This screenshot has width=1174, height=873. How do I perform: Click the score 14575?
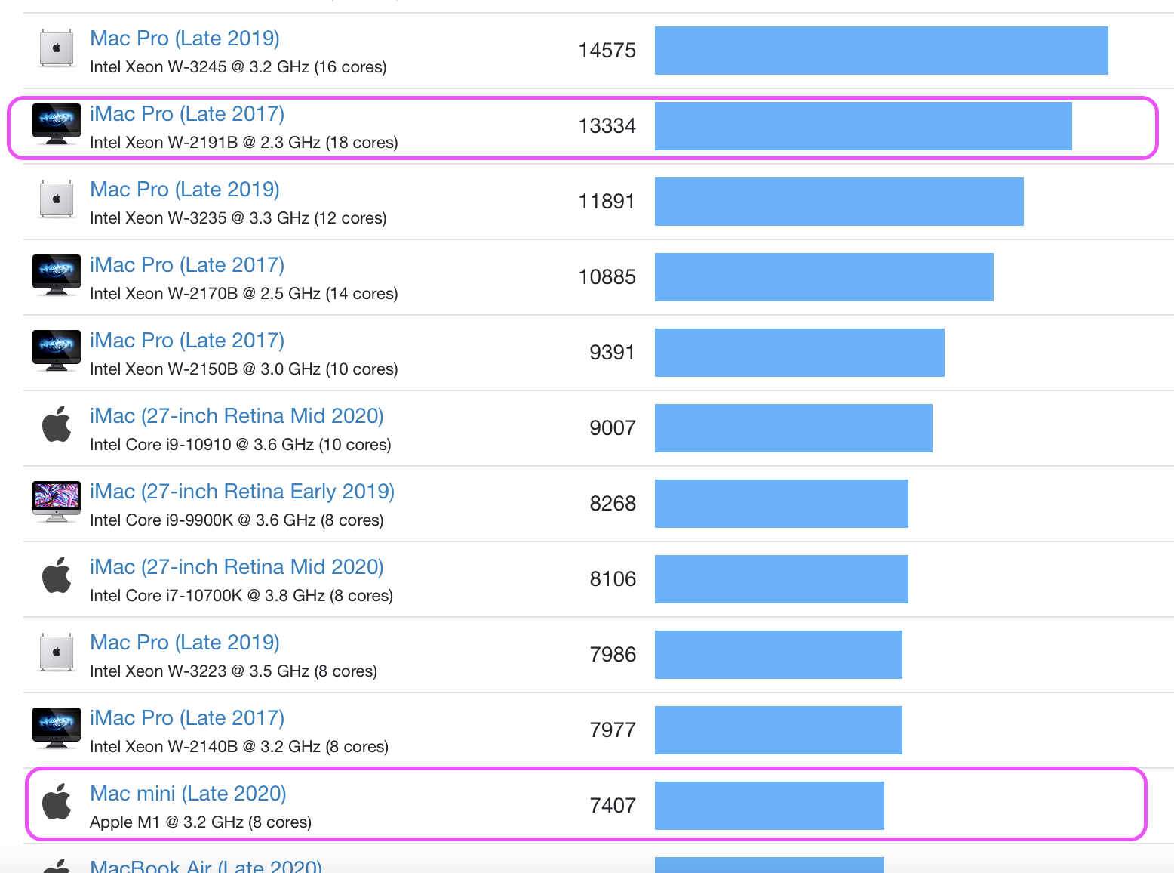pos(607,51)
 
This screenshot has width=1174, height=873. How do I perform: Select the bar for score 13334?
pos(862,126)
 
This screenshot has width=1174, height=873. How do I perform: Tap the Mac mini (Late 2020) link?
pos(188,794)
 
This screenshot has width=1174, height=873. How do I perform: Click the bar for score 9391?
pos(799,353)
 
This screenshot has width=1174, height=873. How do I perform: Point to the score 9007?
pos(612,428)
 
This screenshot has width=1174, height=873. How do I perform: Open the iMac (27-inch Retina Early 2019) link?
pos(241,492)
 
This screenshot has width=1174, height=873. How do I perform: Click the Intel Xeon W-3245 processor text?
pos(238,67)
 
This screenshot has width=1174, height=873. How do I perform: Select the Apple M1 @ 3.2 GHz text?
pos(200,822)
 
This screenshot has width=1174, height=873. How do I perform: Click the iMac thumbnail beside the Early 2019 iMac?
pos(57,501)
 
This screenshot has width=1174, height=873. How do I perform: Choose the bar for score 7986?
pos(778,655)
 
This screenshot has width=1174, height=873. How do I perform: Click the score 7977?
pos(612,730)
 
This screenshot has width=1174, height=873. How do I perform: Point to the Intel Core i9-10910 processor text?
pos(240,445)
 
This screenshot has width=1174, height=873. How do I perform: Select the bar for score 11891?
pos(838,202)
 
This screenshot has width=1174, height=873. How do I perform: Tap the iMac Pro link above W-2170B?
pos(186,265)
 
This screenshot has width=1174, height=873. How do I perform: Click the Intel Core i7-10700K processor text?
pos(241,596)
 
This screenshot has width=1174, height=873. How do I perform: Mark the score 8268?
pos(612,504)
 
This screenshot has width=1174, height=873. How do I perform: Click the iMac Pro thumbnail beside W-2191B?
pos(57,124)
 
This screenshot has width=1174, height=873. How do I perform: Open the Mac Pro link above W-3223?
pos(184,643)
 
